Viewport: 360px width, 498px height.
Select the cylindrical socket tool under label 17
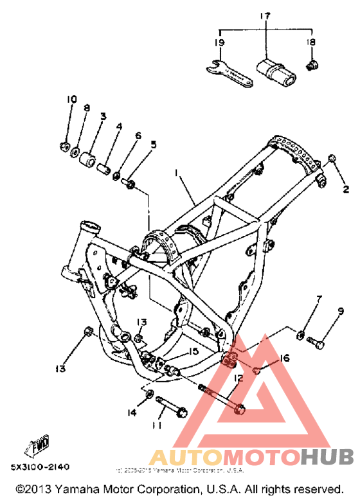(x=275, y=69)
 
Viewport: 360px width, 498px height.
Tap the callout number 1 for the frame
(x=175, y=173)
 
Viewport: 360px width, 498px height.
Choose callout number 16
(x=285, y=357)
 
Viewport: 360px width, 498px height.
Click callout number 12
(x=238, y=379)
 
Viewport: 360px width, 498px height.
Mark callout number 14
(x=132, y=413)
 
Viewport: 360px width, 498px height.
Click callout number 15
(x=194, y=351)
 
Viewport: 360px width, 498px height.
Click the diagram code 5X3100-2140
(x=40, y=466)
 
